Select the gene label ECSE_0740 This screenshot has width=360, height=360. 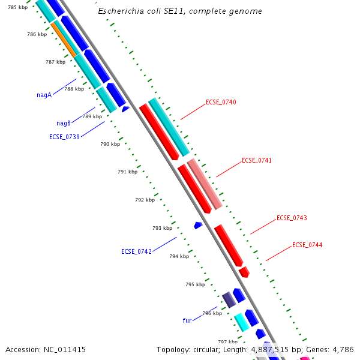(221, 102)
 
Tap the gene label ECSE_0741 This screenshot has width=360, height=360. (257, 160)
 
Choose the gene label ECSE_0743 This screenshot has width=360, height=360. (292, 218)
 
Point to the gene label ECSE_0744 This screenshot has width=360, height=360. (307, 245)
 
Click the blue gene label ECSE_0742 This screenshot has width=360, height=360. (136, 251)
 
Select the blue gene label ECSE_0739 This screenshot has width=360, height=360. (64, 137)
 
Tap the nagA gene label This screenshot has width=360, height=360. (44, 95)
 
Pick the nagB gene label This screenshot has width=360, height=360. (64, 123)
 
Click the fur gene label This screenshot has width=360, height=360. (187, 320)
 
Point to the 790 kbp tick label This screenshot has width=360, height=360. (110, 144)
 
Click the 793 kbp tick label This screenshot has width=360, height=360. (162, 228)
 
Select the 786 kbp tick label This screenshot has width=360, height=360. (37, 34)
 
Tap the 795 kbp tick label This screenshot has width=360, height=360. (195, 284)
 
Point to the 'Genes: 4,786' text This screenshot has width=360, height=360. (331, 349)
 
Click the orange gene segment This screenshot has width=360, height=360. (64, 40)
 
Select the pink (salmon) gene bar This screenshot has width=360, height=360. (205, 184)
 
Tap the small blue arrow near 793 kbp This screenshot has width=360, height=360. (198, 225)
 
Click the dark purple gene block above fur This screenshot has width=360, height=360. (229, 299)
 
